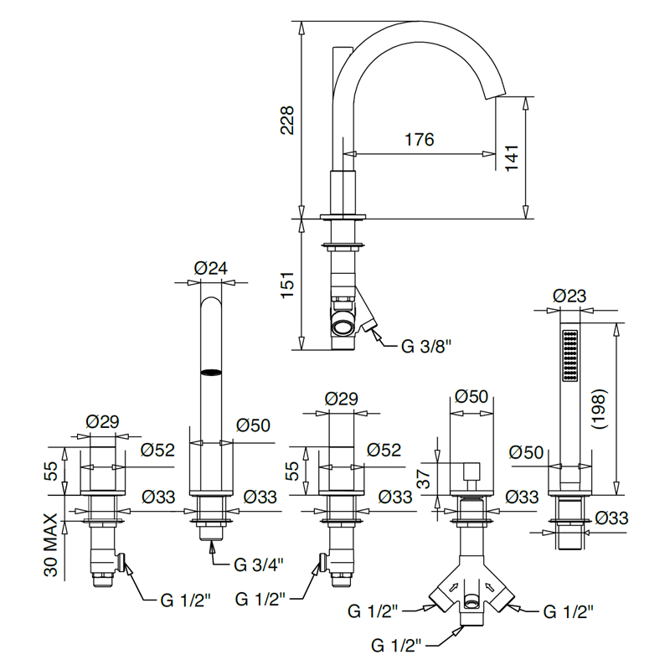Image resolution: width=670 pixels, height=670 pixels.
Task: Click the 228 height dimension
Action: tap(287, 121)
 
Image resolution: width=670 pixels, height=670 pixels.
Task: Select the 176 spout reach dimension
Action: tap(420, 139)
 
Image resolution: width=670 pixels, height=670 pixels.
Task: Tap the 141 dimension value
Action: tap(512, 158)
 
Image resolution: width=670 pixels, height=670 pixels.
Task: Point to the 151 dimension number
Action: tap(287, 285)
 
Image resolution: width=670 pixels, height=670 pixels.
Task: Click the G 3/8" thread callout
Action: tap(426, 346)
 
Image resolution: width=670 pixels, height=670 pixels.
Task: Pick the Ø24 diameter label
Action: tap(211, 268)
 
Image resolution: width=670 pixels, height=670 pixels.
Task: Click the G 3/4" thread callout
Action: tap(259, 564)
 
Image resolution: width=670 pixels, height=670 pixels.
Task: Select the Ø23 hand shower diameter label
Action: tap(569, 296)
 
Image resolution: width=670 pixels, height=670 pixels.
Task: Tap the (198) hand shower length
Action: tap(598, 409)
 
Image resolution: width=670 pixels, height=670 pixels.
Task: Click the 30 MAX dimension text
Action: tap(51, 545)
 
